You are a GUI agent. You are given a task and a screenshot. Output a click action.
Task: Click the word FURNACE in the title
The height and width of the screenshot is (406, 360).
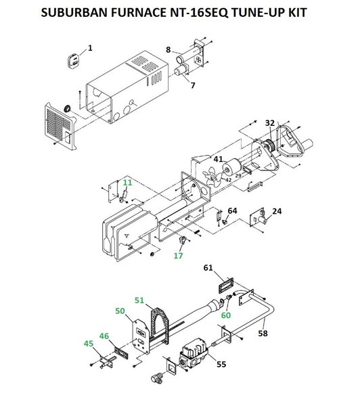(138, 12)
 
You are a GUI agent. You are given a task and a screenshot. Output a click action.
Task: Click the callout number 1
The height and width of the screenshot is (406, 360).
(90, 48)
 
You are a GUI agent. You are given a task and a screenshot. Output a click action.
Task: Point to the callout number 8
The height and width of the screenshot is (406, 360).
(168, 49)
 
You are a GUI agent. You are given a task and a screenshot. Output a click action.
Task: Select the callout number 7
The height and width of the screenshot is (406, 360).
(193, 85)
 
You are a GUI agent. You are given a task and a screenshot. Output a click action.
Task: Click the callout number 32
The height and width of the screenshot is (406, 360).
(269, 122)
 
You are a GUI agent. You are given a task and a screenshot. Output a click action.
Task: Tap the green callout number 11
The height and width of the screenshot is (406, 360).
(127, 183)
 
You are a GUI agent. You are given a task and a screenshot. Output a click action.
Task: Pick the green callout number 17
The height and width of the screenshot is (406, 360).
(178, 256)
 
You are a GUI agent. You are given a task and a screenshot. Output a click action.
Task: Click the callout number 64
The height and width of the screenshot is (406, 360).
(232, 210)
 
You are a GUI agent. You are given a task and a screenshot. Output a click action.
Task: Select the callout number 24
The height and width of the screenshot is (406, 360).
(277, 211)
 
